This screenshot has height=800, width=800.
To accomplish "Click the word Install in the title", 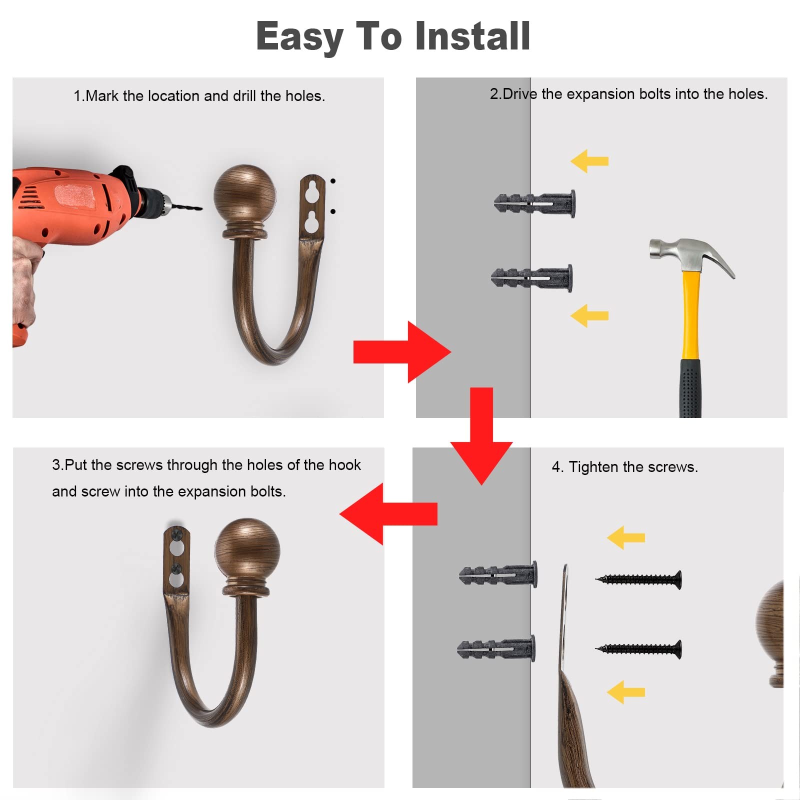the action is [472, 36].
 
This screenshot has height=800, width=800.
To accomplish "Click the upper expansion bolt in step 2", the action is [534, 203].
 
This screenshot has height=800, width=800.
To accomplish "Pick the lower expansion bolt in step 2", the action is [531, 278].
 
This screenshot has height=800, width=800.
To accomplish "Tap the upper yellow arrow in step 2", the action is [589, 161].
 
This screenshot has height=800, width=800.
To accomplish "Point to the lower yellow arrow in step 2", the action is [589, 315].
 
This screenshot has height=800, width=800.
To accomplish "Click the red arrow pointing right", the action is [402, 352].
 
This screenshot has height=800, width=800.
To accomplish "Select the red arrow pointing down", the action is [481, 435].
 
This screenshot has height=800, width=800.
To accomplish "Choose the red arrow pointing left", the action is [388, 513].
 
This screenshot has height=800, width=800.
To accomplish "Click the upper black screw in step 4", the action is [638, 580].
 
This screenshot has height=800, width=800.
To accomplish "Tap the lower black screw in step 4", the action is [638, 649].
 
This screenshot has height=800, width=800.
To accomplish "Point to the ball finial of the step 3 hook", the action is [247, 549].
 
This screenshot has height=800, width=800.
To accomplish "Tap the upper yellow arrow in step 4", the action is [626, 537].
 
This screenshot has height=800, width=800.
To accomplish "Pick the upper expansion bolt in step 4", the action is [498, 574].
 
